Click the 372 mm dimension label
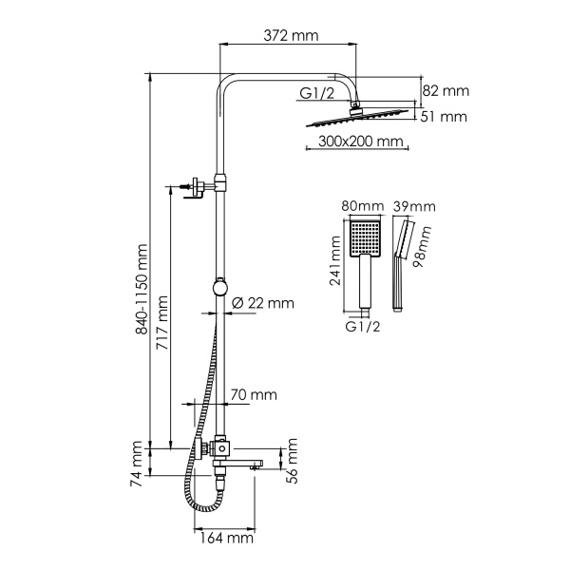[290, 36]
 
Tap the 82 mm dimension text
[445, 91]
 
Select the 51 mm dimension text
[445, 117]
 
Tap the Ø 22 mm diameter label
[263, 303]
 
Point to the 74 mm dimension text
[139, 464]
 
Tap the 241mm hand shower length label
[334, 263]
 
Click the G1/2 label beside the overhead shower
[317, 93]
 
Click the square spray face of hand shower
[363, 237]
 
